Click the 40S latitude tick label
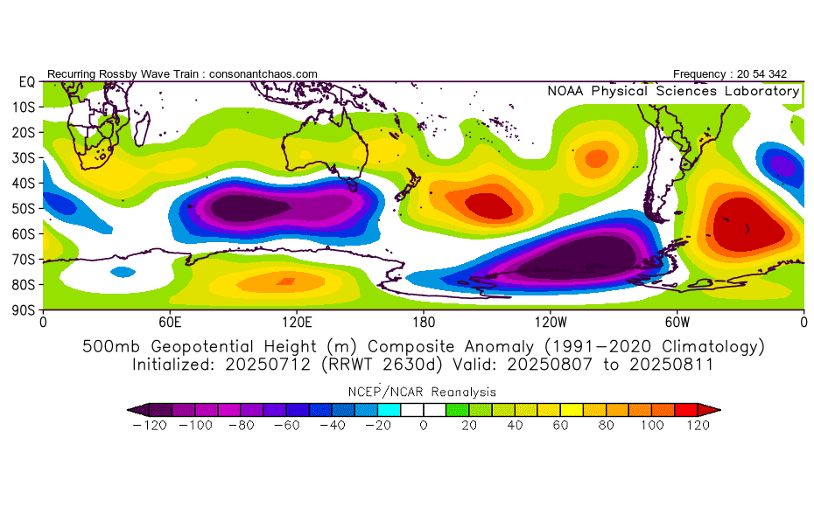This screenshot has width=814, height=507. [x=23, y=183]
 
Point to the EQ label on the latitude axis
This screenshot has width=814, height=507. [x=26, y=82]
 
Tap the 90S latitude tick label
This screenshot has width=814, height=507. [x=23, y=310]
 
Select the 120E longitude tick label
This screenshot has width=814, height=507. [x=297, y=323]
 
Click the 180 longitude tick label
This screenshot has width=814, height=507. [x=424, y=323]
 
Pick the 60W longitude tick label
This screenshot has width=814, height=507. [x=677, y=323]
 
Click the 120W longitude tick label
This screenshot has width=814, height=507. [x=551, y=323]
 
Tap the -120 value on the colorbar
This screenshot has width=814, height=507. [x=150, y=426]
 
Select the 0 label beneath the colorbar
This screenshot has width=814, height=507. [x=424, y=426]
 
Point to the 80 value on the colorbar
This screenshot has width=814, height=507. [x=606, y=426]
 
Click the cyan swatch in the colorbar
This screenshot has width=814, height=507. [x=389, y=410]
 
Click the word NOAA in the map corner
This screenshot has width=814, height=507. [x=565, y=91]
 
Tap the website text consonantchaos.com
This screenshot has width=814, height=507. [x=263, y=74]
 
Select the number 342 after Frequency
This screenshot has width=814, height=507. [x=777, y=74]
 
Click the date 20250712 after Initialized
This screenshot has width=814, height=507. [x=268, y=365]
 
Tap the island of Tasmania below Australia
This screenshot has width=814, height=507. [x=353, y=184]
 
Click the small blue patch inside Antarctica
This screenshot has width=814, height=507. [x=123, y=272]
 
